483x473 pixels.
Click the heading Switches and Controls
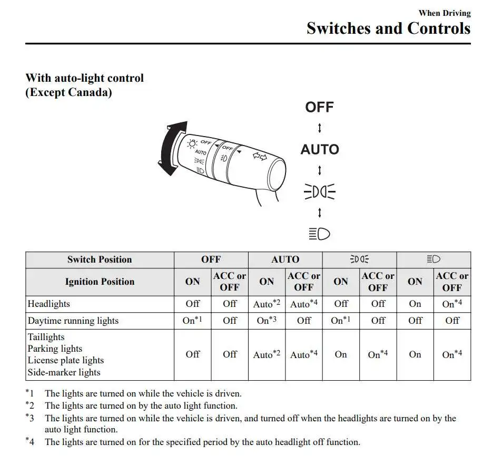click(x=388, y=28)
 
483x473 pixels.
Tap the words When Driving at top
click(x=444, y=13)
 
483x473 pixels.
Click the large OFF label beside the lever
click(x=319, y=108)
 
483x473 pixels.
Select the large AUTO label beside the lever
click(x=319, y=150)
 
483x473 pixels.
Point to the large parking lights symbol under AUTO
click(x=319, y=192)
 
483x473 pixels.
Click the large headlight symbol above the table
click(x=319, y=234)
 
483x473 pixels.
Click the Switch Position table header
click(x=100, y=259)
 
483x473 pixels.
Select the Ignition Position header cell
click(x=100, y=282)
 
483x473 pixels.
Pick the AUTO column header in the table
click(x=285, y=259)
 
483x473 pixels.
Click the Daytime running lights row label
click(x=73, y=321)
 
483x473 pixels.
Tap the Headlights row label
click(x=48, y=304)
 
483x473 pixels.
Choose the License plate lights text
click(x=66, y=360)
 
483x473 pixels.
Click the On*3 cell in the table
click(x=267, y=321)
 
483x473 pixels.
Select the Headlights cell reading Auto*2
click(x=267, y=304)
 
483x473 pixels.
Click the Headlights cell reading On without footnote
click(x=415, y=304)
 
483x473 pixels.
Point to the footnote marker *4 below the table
click(x=30, y=442)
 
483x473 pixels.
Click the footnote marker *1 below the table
click(x=30, y=393)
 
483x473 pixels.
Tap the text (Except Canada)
click(x=68, y=92)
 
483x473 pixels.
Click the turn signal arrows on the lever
click(x=259, y=156)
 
